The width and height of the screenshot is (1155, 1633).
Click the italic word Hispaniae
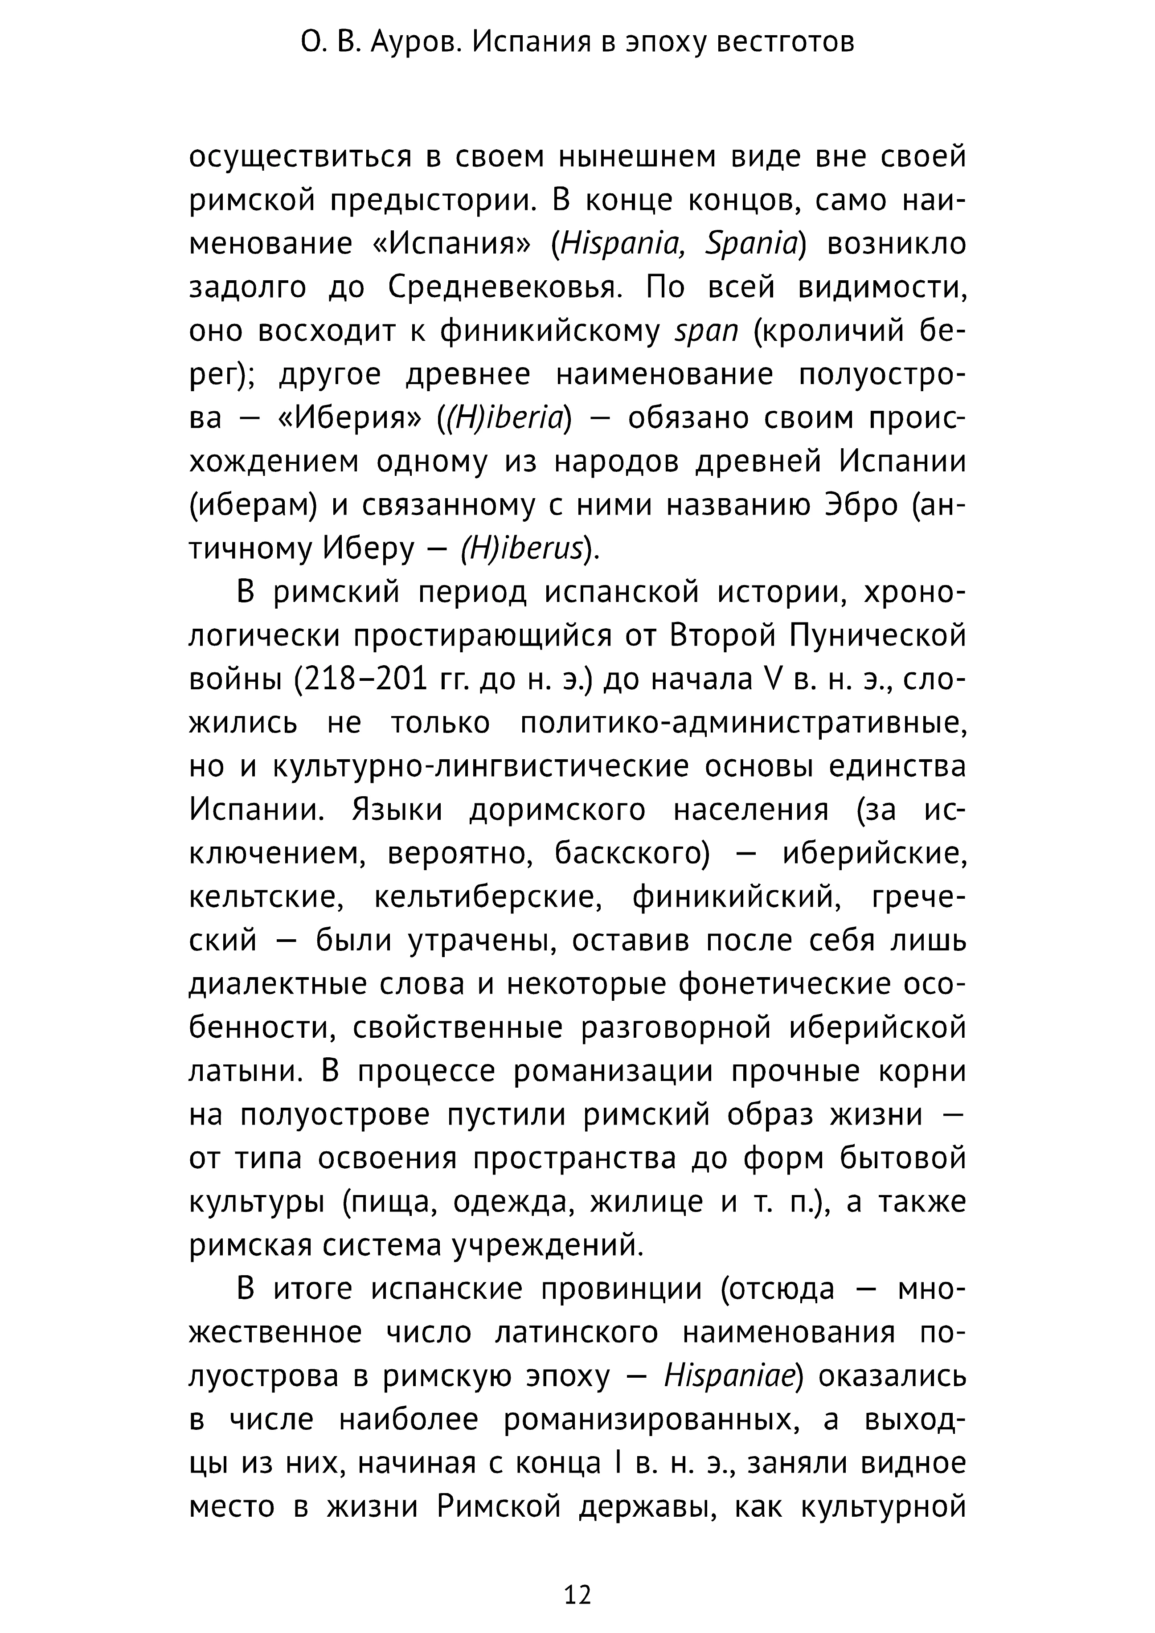(x=729, y=1376)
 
